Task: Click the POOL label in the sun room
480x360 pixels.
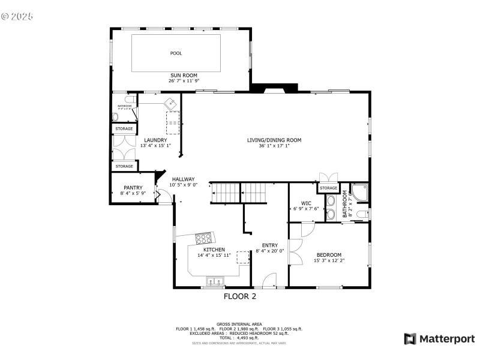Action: tap(176, 53)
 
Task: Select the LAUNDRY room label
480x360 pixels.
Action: tap(155, 140)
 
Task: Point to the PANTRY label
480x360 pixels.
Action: tap(133, 188)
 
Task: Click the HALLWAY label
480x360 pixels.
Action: tap(183, 179)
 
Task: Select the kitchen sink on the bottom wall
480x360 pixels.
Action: tap(214, 281)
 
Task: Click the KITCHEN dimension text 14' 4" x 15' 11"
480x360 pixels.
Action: tap(214, 255)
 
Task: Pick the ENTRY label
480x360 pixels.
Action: tap(270, 245)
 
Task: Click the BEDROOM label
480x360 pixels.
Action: tap(329, 254)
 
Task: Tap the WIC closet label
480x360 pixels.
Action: tap(306, 203)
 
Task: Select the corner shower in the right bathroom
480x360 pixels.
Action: tap(360, 192)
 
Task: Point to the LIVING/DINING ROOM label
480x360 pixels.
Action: tap(274, 140)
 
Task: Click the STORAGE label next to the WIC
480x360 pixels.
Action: tap(328, 188)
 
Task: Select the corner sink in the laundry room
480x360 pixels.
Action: tap(173, 103)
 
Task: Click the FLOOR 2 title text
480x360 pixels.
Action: tap(240, 296)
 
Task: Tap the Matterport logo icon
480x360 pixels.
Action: tap(410, 339)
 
